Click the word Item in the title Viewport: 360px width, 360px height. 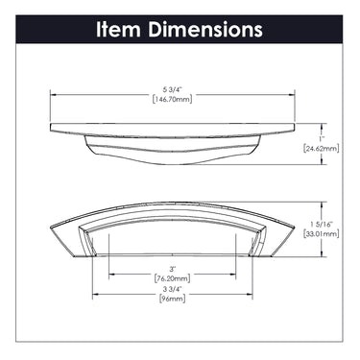[118, 29]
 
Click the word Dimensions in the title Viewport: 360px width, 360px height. [205, 29]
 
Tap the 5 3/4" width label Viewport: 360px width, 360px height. [173, 90]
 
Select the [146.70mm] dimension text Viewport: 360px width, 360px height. [173, 99]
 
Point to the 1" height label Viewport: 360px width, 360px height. [321, 139]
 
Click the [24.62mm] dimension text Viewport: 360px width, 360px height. [321, 149]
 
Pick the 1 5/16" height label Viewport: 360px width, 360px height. [321, 225]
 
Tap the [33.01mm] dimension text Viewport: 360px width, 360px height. [321, 234]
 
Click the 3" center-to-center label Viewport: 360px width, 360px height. [173, 269]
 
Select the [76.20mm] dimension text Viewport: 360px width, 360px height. [173, 278]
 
